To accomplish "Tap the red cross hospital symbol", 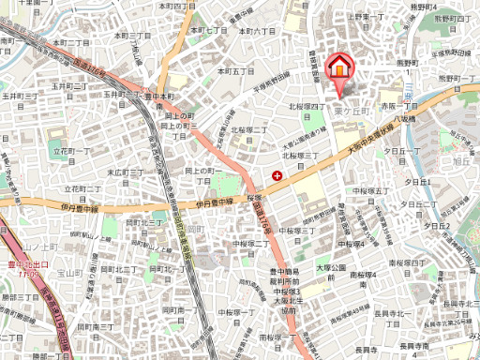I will [x=277, y=174].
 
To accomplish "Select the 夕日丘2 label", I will [x=438, y=225].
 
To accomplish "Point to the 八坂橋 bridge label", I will [x=404, y=118].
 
